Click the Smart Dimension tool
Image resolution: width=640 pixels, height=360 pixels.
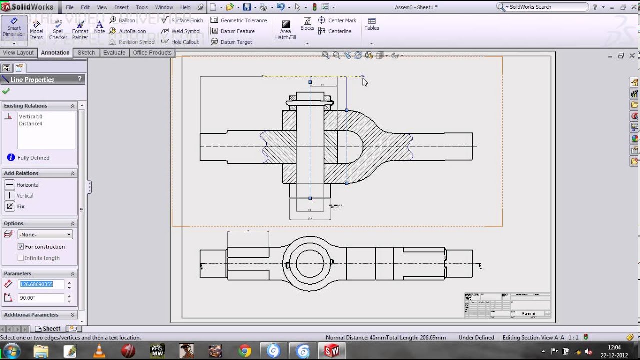click(14, 28)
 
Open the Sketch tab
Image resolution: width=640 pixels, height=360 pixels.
click(86, 53)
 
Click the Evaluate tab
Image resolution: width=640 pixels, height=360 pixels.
click(114, 53)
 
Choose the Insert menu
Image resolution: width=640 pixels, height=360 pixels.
click(121, 7)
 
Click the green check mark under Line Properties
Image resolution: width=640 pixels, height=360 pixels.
click(6, 91)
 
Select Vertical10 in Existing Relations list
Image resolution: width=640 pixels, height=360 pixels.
click(30, 117)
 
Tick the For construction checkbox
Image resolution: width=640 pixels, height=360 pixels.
click(21, 247)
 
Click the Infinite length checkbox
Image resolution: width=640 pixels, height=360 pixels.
click(21, 258)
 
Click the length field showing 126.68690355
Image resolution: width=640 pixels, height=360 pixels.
click(41, 284)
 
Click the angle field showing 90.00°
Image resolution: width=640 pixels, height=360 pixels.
click(41, 298)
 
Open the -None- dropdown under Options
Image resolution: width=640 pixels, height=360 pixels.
click(45, 234)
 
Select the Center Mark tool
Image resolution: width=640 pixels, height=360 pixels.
click(342, 20)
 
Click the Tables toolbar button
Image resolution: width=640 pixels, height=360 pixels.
click(372, 24)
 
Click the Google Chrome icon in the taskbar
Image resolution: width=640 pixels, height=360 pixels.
click(245, 351)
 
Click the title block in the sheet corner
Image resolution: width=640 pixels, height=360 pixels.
click(507, 305)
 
